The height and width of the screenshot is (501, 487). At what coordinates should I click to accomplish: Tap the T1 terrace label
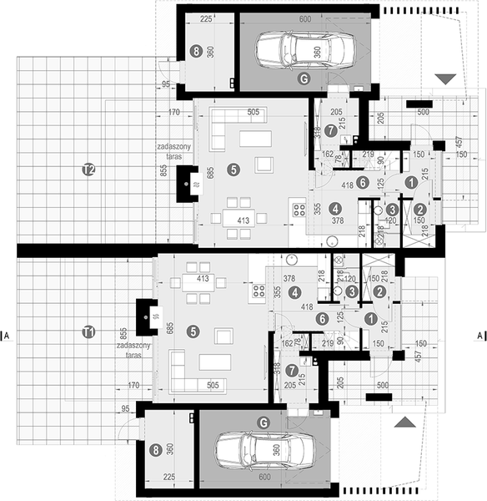(x=88, y=332)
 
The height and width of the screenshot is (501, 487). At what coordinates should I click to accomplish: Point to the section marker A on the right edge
(x=479, y=337)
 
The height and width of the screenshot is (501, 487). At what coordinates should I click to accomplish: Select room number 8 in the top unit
(x=196, y=51)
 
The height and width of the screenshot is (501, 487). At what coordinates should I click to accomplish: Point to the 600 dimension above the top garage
(x=304, y=18)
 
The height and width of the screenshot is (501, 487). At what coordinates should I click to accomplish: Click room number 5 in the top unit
(x=233, y=170)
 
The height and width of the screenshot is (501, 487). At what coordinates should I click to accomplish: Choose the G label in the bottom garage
(x=264, y=423)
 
